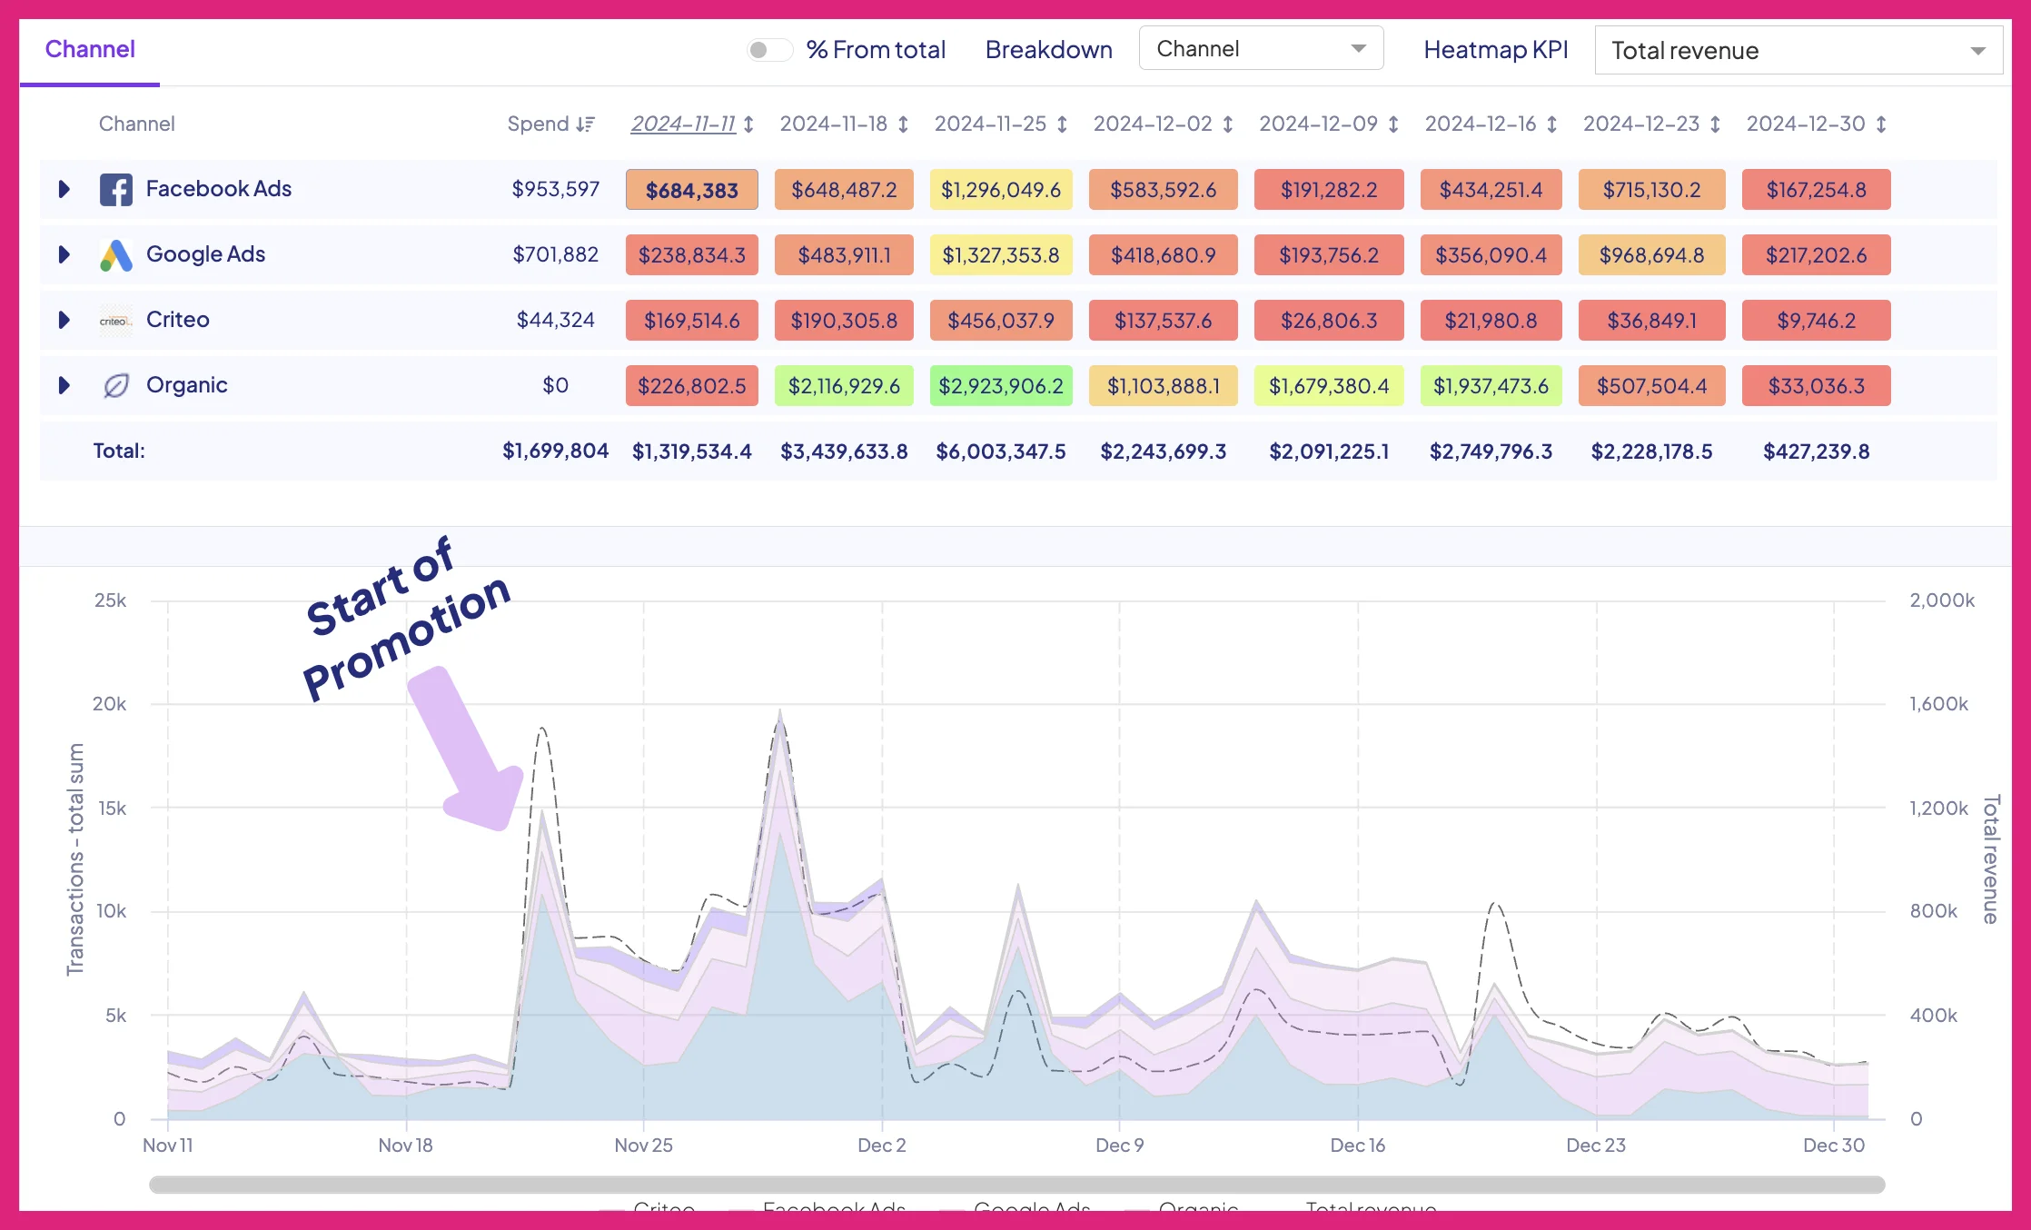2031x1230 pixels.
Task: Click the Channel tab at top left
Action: tap(90, 49)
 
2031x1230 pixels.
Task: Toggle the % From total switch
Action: tap(768, 50)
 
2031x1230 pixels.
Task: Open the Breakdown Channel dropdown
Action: tap(1260, 49)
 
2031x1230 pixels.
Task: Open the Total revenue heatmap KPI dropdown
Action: tap(1798, 51)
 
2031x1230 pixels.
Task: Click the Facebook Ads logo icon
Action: tap(115, 190)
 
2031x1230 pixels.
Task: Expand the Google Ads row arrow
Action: tap(64, 254)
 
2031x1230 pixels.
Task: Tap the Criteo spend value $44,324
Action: tap(555, 320)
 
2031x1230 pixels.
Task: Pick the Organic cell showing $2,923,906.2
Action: tap(1000, 386)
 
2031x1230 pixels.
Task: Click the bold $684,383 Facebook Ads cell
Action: tap(691, 190)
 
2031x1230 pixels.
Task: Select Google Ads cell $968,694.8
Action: tap(1650, 255)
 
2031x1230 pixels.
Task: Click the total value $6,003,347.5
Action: tap(1000, 451)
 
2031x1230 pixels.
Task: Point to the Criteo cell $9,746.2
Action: tap(1816, 321)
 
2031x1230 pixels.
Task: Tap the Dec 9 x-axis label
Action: tap(1119, 1146)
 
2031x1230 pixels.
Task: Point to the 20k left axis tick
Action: tap(110, 704)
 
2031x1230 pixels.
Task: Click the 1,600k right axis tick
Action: tap(1938, 704)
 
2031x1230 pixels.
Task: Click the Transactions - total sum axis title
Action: tap(75, 859)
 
